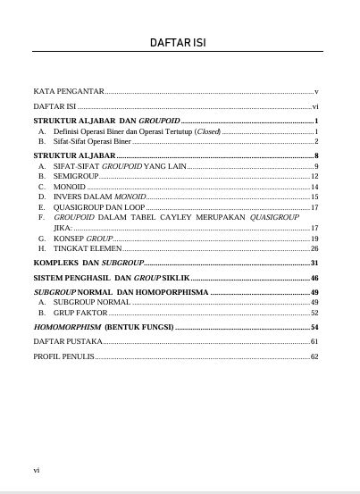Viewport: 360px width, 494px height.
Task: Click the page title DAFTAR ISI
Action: pyautogui.click(x=180, y=43)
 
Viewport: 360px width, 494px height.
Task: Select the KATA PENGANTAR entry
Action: pyautogui.click(x=69, y=92)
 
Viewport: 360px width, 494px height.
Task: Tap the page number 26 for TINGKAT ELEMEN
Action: pyautogui.click(x=314, y=248)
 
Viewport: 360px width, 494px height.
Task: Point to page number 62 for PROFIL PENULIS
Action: pyautogui.click(x=314, y=356)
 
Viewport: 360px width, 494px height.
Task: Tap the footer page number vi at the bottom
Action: pyautogui.click(x=36, y=469)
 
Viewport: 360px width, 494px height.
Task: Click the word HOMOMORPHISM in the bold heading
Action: pyautogui.click(x=66, y=327)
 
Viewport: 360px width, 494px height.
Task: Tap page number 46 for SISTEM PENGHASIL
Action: pyautogui.click(x=314, y=279)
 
